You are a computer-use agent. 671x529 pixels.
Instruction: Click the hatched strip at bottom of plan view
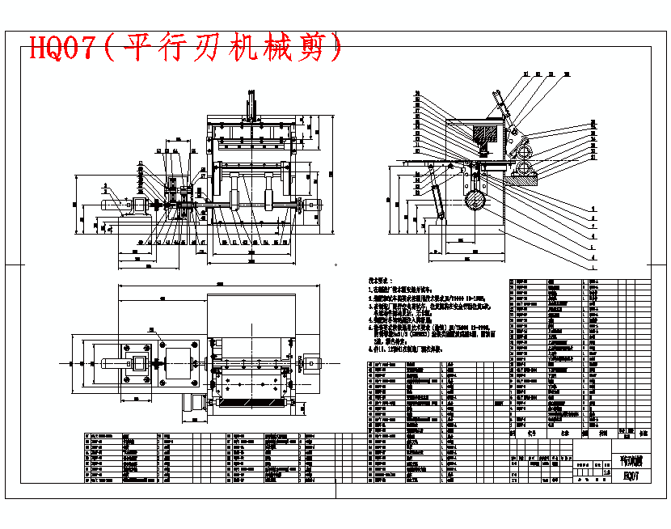(251, 402)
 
